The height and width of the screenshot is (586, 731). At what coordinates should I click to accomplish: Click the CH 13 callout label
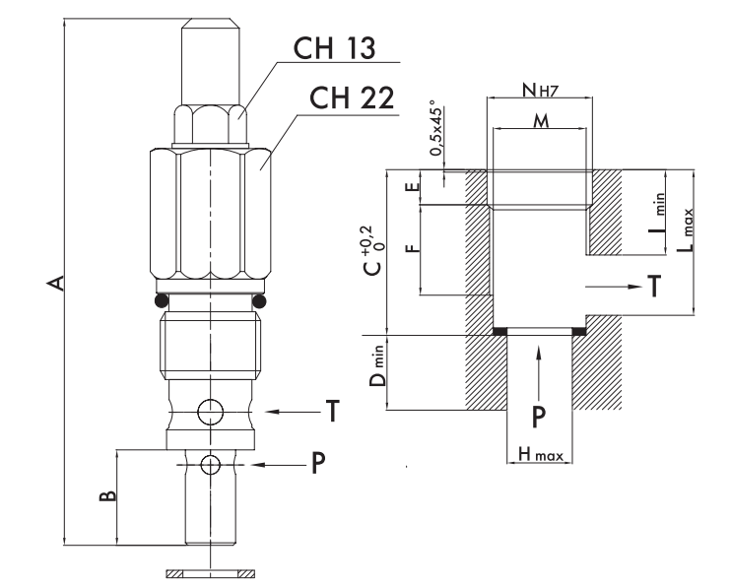click(334, 47)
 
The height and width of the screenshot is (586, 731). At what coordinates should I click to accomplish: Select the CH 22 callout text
click(352, 98)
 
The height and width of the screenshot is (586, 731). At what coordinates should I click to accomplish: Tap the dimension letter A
click(56, 283)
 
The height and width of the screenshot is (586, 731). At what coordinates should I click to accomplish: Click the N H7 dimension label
click(540, 90)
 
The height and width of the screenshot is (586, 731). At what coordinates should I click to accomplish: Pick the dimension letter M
click(541, 121)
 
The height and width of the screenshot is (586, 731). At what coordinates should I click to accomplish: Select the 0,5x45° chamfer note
click(436, 127)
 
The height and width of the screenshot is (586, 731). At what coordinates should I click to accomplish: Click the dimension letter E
click(413, 187)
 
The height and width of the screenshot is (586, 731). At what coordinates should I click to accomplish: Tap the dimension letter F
click(413, 248)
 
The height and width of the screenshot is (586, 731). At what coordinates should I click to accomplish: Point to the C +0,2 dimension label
click(372, 250)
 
